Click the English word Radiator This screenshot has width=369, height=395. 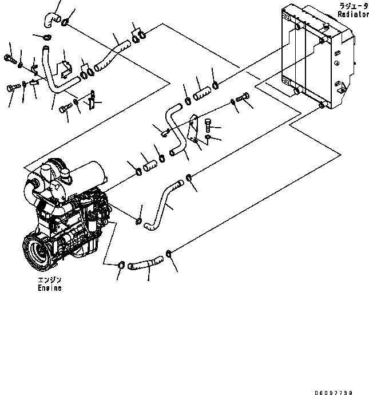[353, 14]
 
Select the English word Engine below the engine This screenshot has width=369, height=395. [46, 288]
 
